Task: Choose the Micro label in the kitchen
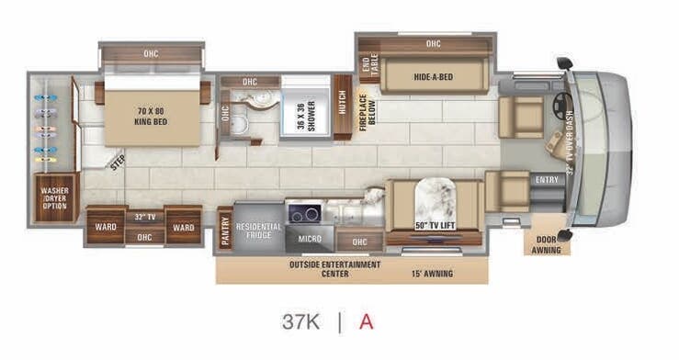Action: (x=309, y=240)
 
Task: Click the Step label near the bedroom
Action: (x=118, y=163)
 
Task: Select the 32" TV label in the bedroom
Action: (x=144, y=218)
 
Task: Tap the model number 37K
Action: (x=299, y=322)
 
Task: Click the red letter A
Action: (x=366, y=322)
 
